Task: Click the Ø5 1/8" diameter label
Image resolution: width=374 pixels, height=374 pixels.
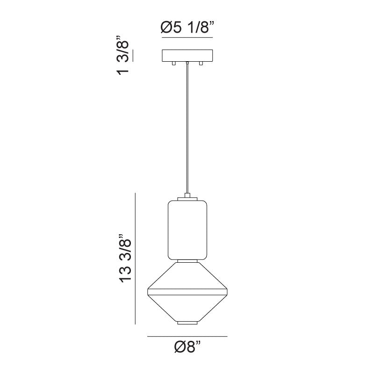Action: point(187,29)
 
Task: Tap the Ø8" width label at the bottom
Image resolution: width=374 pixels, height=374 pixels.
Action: point(187,348)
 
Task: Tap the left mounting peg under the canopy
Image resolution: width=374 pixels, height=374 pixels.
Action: point(173,63)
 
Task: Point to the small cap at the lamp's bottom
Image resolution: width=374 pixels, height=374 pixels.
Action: point(187,323)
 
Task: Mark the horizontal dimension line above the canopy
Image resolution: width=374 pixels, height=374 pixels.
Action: point(187,37)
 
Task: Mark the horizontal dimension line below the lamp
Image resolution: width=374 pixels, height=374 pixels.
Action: point(187,336)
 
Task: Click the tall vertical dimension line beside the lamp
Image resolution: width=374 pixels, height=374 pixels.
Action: point(136,259)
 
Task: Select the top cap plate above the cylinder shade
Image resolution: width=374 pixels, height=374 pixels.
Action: point(187,199)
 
